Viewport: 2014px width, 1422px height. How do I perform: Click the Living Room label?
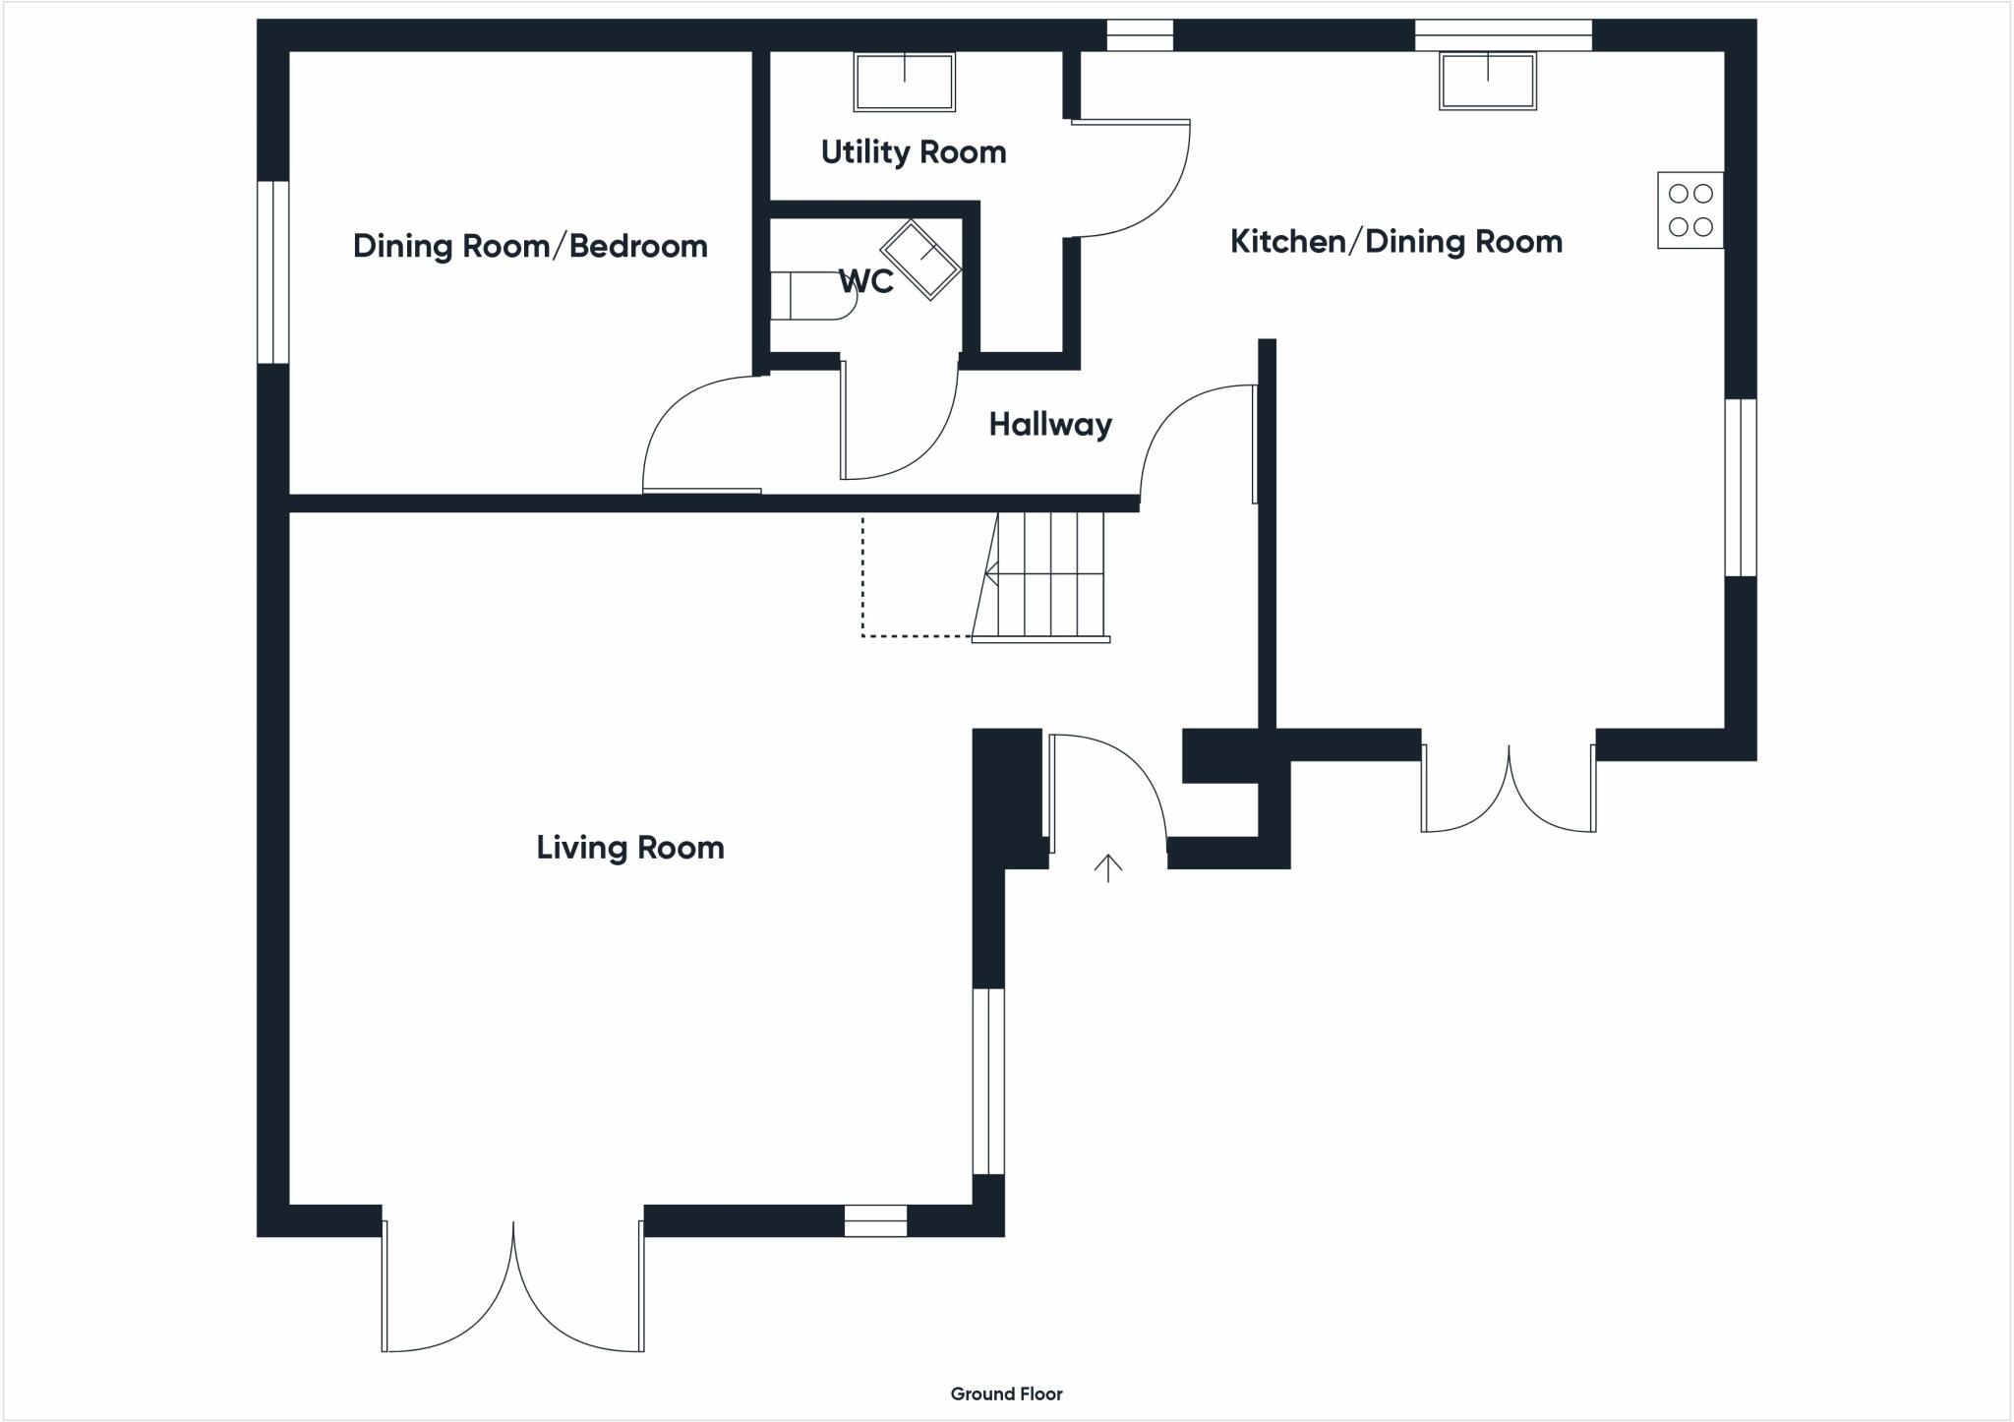630,848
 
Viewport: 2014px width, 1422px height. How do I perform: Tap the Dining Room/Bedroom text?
530,246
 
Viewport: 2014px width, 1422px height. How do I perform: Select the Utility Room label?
914,152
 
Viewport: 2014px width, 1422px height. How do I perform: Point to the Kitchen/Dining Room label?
1396,242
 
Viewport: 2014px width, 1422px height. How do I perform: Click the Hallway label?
1050,425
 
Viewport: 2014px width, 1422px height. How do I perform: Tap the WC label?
866,281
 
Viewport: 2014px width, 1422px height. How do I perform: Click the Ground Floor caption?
1006,1393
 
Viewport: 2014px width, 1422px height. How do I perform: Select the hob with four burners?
1690,210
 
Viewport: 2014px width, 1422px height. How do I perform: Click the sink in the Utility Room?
904,82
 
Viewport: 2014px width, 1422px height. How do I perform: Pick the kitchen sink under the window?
1488,81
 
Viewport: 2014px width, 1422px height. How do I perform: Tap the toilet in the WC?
813,296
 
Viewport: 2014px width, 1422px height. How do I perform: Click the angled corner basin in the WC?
919,260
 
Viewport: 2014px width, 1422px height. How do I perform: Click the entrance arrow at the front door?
1108,867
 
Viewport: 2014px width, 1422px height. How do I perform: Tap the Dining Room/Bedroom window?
273,272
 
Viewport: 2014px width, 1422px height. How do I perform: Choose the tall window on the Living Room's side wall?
988,1082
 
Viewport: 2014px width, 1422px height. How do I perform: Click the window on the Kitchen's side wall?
1741,488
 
